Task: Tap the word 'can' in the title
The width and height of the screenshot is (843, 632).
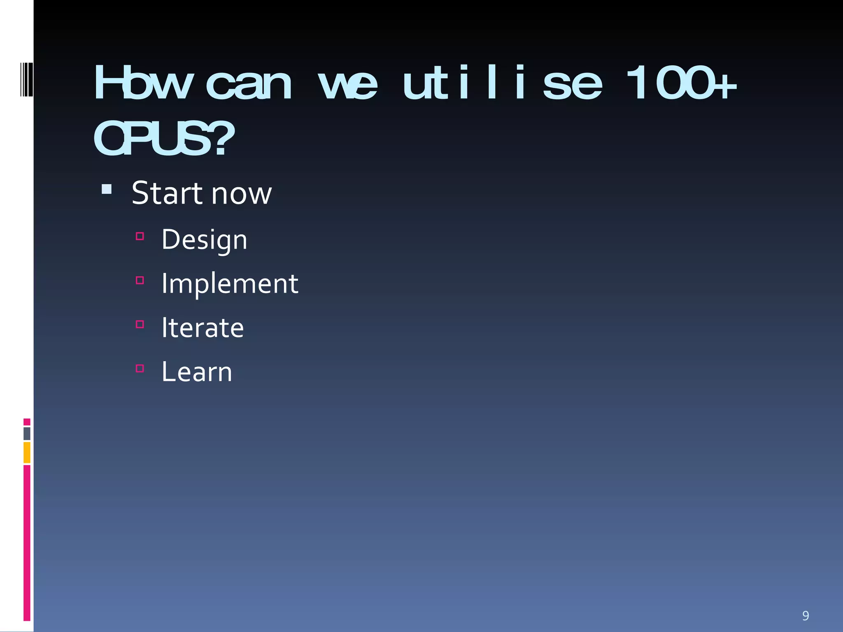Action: [249, 85]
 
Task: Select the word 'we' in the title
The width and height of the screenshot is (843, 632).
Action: [348, 85]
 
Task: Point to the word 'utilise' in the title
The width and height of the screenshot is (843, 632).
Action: [502, 83]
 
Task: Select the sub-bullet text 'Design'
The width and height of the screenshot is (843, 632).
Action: [204, 239]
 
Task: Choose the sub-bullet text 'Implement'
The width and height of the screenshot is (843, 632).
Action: [230, 284]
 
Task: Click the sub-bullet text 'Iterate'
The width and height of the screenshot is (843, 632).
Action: [203, 328]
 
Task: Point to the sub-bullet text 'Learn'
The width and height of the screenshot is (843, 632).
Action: [197, 372]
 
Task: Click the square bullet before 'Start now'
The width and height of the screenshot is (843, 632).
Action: [107, 189]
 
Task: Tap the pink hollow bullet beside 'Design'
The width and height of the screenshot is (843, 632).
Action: [140, 236]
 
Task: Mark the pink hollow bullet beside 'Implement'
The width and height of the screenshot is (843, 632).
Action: [140, 280]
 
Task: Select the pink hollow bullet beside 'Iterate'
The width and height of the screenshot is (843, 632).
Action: [140, 324]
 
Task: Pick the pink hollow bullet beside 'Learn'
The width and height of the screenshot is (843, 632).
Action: [140, 368]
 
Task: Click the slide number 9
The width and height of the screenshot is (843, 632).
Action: [806, 616]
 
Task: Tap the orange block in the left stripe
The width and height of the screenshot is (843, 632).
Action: [27, 452]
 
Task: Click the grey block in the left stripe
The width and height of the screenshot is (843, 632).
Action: [27, 433]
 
